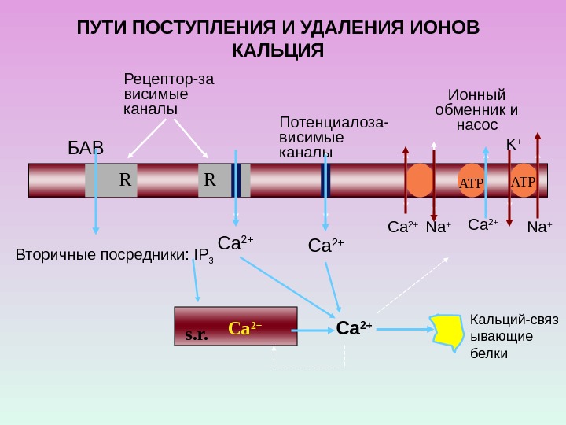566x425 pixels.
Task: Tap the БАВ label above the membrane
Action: coord(85,149)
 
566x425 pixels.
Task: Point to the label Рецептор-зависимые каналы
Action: coord(169,93)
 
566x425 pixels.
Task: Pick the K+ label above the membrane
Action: coord(513,145)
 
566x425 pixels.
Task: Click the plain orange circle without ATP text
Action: coord(421,180)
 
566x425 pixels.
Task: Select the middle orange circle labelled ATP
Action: coord(472,181)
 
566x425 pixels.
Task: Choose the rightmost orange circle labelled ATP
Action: coord(523,180)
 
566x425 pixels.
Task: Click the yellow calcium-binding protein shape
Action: coord(447,331)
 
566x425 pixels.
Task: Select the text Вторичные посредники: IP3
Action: coord(115,256)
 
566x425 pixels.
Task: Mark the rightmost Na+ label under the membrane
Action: coord(539,228)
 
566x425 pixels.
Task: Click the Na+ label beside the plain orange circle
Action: coord(438,228)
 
